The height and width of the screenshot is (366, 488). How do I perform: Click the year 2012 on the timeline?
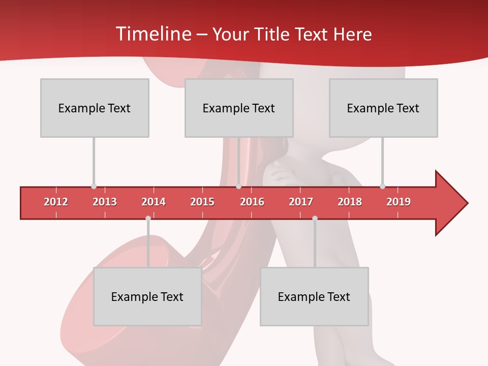point(56,202)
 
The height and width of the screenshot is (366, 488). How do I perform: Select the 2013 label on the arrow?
point(105,202)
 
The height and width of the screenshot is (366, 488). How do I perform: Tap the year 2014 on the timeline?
point(154,202)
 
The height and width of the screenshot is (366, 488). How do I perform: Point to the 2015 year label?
point(202,202)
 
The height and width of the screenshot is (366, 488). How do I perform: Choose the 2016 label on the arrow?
point(252,202)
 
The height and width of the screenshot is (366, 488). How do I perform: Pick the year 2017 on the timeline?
point(301,202)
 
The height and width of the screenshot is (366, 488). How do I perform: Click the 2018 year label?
point(350,202)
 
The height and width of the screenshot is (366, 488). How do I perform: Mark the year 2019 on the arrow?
point(399,202)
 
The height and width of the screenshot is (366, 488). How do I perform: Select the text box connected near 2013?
point(95,108)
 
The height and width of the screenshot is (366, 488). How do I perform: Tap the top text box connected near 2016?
point(239,108)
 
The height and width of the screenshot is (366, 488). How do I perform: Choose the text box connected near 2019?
point(383,108)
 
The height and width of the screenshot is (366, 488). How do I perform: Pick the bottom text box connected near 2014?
point(147,296)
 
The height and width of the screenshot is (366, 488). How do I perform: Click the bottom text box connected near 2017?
point(314,296)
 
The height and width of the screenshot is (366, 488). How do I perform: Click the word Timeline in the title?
point(152,34)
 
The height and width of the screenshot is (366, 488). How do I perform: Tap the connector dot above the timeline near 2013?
point(94,186)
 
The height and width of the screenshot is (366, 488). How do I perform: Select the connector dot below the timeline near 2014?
point(148,218)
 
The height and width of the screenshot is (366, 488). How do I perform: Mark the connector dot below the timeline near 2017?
point(315,218)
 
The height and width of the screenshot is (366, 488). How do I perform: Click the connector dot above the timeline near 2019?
point(382,186)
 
